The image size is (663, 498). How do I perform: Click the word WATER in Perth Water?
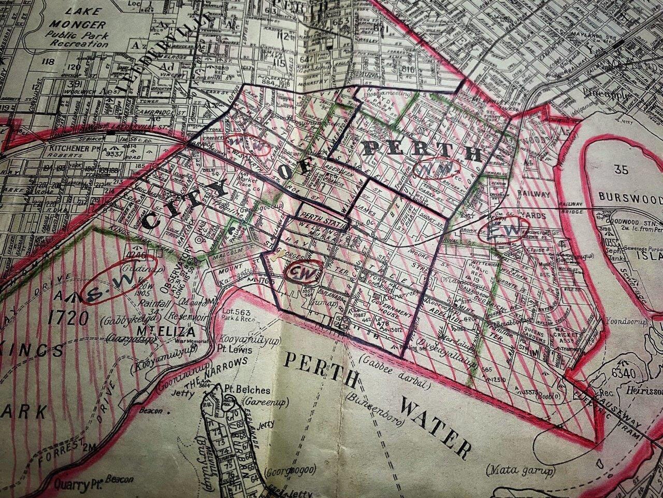435,426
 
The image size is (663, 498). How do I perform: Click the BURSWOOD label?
630,198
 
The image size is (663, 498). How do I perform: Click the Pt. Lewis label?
237,350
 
